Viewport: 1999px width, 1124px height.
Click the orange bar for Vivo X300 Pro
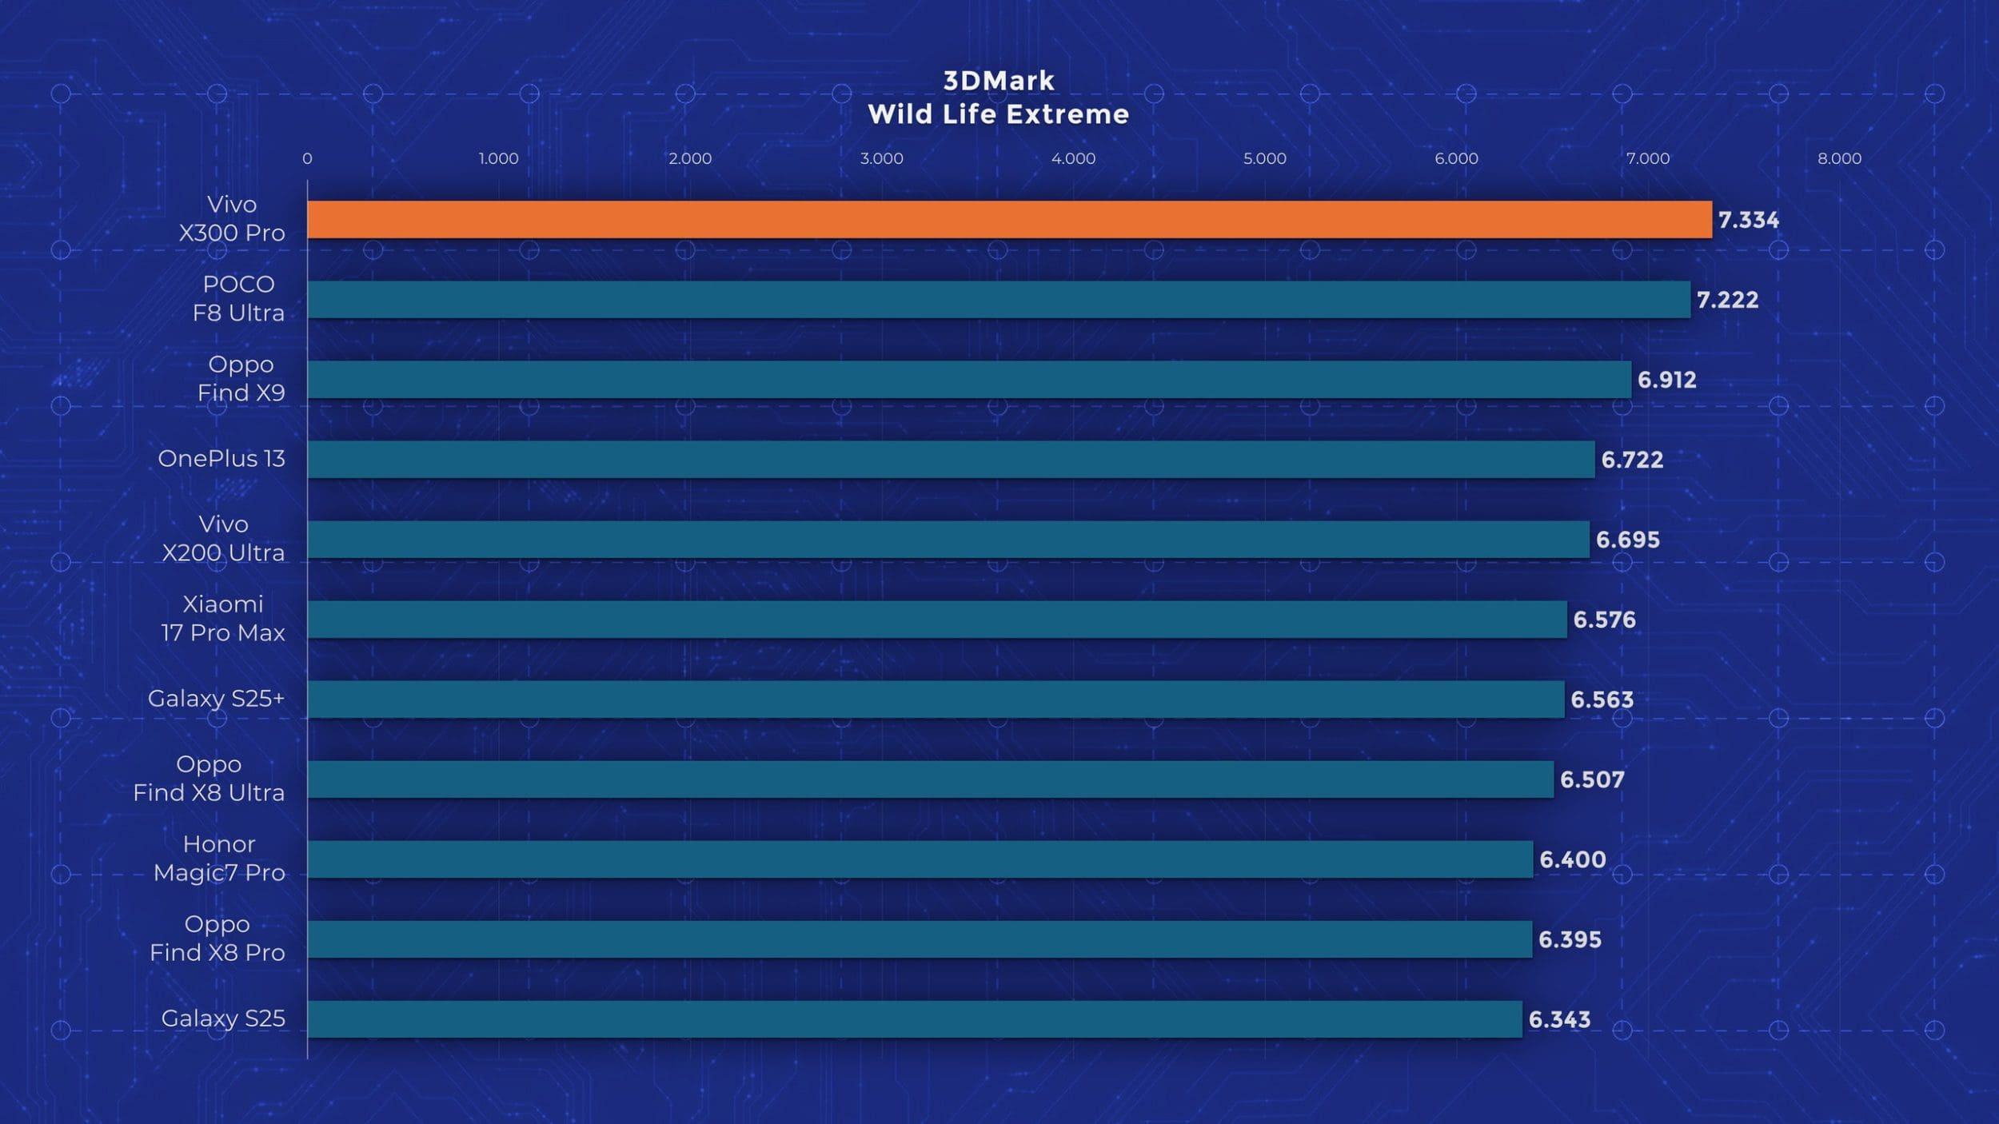pyautogui.click(x=1009, y=219)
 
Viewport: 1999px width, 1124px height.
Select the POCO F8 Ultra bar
pyautogui.click(x=999, y=299)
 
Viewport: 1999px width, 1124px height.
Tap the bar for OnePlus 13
pyautogui.click(x=951, y=459)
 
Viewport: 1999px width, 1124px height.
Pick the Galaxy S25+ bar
pyautogui.click(x=936, y=699)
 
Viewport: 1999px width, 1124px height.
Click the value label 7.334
pyautogui.click(x=1748, y=220)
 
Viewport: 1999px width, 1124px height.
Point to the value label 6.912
pyautogui.click(x=1666, y=380)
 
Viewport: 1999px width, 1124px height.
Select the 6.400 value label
pyautogui.click(x=1572, y=859)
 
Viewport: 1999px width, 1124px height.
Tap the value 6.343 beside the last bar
pyautogui.click(x=1559, y=1019)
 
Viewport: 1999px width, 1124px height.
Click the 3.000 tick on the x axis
pyautogui.click(x=881, y=158)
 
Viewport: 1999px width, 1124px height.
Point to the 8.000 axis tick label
pyautogui.click(x=1839, y=158)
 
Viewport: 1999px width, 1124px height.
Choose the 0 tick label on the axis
pyautogui.click(x=307, y=158)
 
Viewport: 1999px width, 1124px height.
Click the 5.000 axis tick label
pyautogui.click(x=1264, y=158)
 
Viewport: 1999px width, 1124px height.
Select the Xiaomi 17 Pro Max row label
pyautogui.click(x=222, y=618)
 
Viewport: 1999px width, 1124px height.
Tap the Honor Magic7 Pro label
pyautogui.click(x=219, y=858)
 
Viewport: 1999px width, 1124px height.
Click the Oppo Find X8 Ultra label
pyautogui.click(x=209, y=778)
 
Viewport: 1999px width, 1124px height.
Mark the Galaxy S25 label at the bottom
pyautogui.click(x=223, y=1018)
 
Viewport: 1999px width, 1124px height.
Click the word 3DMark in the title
pyautogui.click(x=999, y=81)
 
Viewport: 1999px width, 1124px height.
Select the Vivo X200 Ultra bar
pyautogui.click(x=948, y=539)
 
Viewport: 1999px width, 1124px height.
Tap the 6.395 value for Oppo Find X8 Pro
pyautogui.click(x=1570, y=939)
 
